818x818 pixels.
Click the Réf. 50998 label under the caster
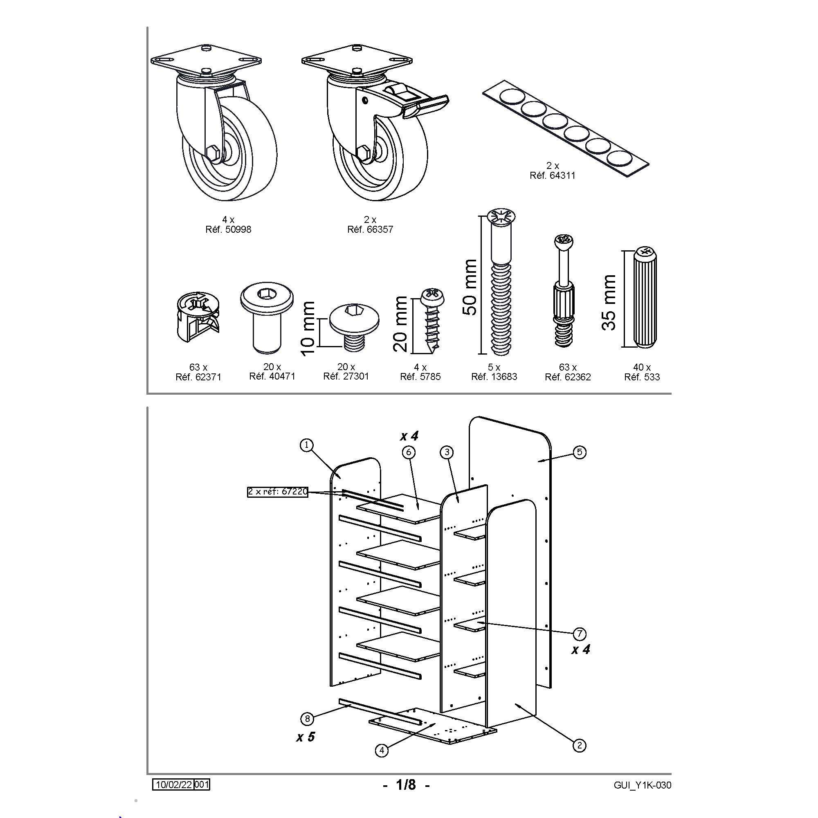pos(228,229)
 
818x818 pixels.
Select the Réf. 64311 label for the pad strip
pos(553,175)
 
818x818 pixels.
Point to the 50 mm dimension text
pos(470,288)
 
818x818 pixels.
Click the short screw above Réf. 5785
pos(432,319)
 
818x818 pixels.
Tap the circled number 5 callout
pos(580,452)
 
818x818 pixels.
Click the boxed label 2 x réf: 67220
pos(278,492)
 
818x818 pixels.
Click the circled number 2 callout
pos(579,757)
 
